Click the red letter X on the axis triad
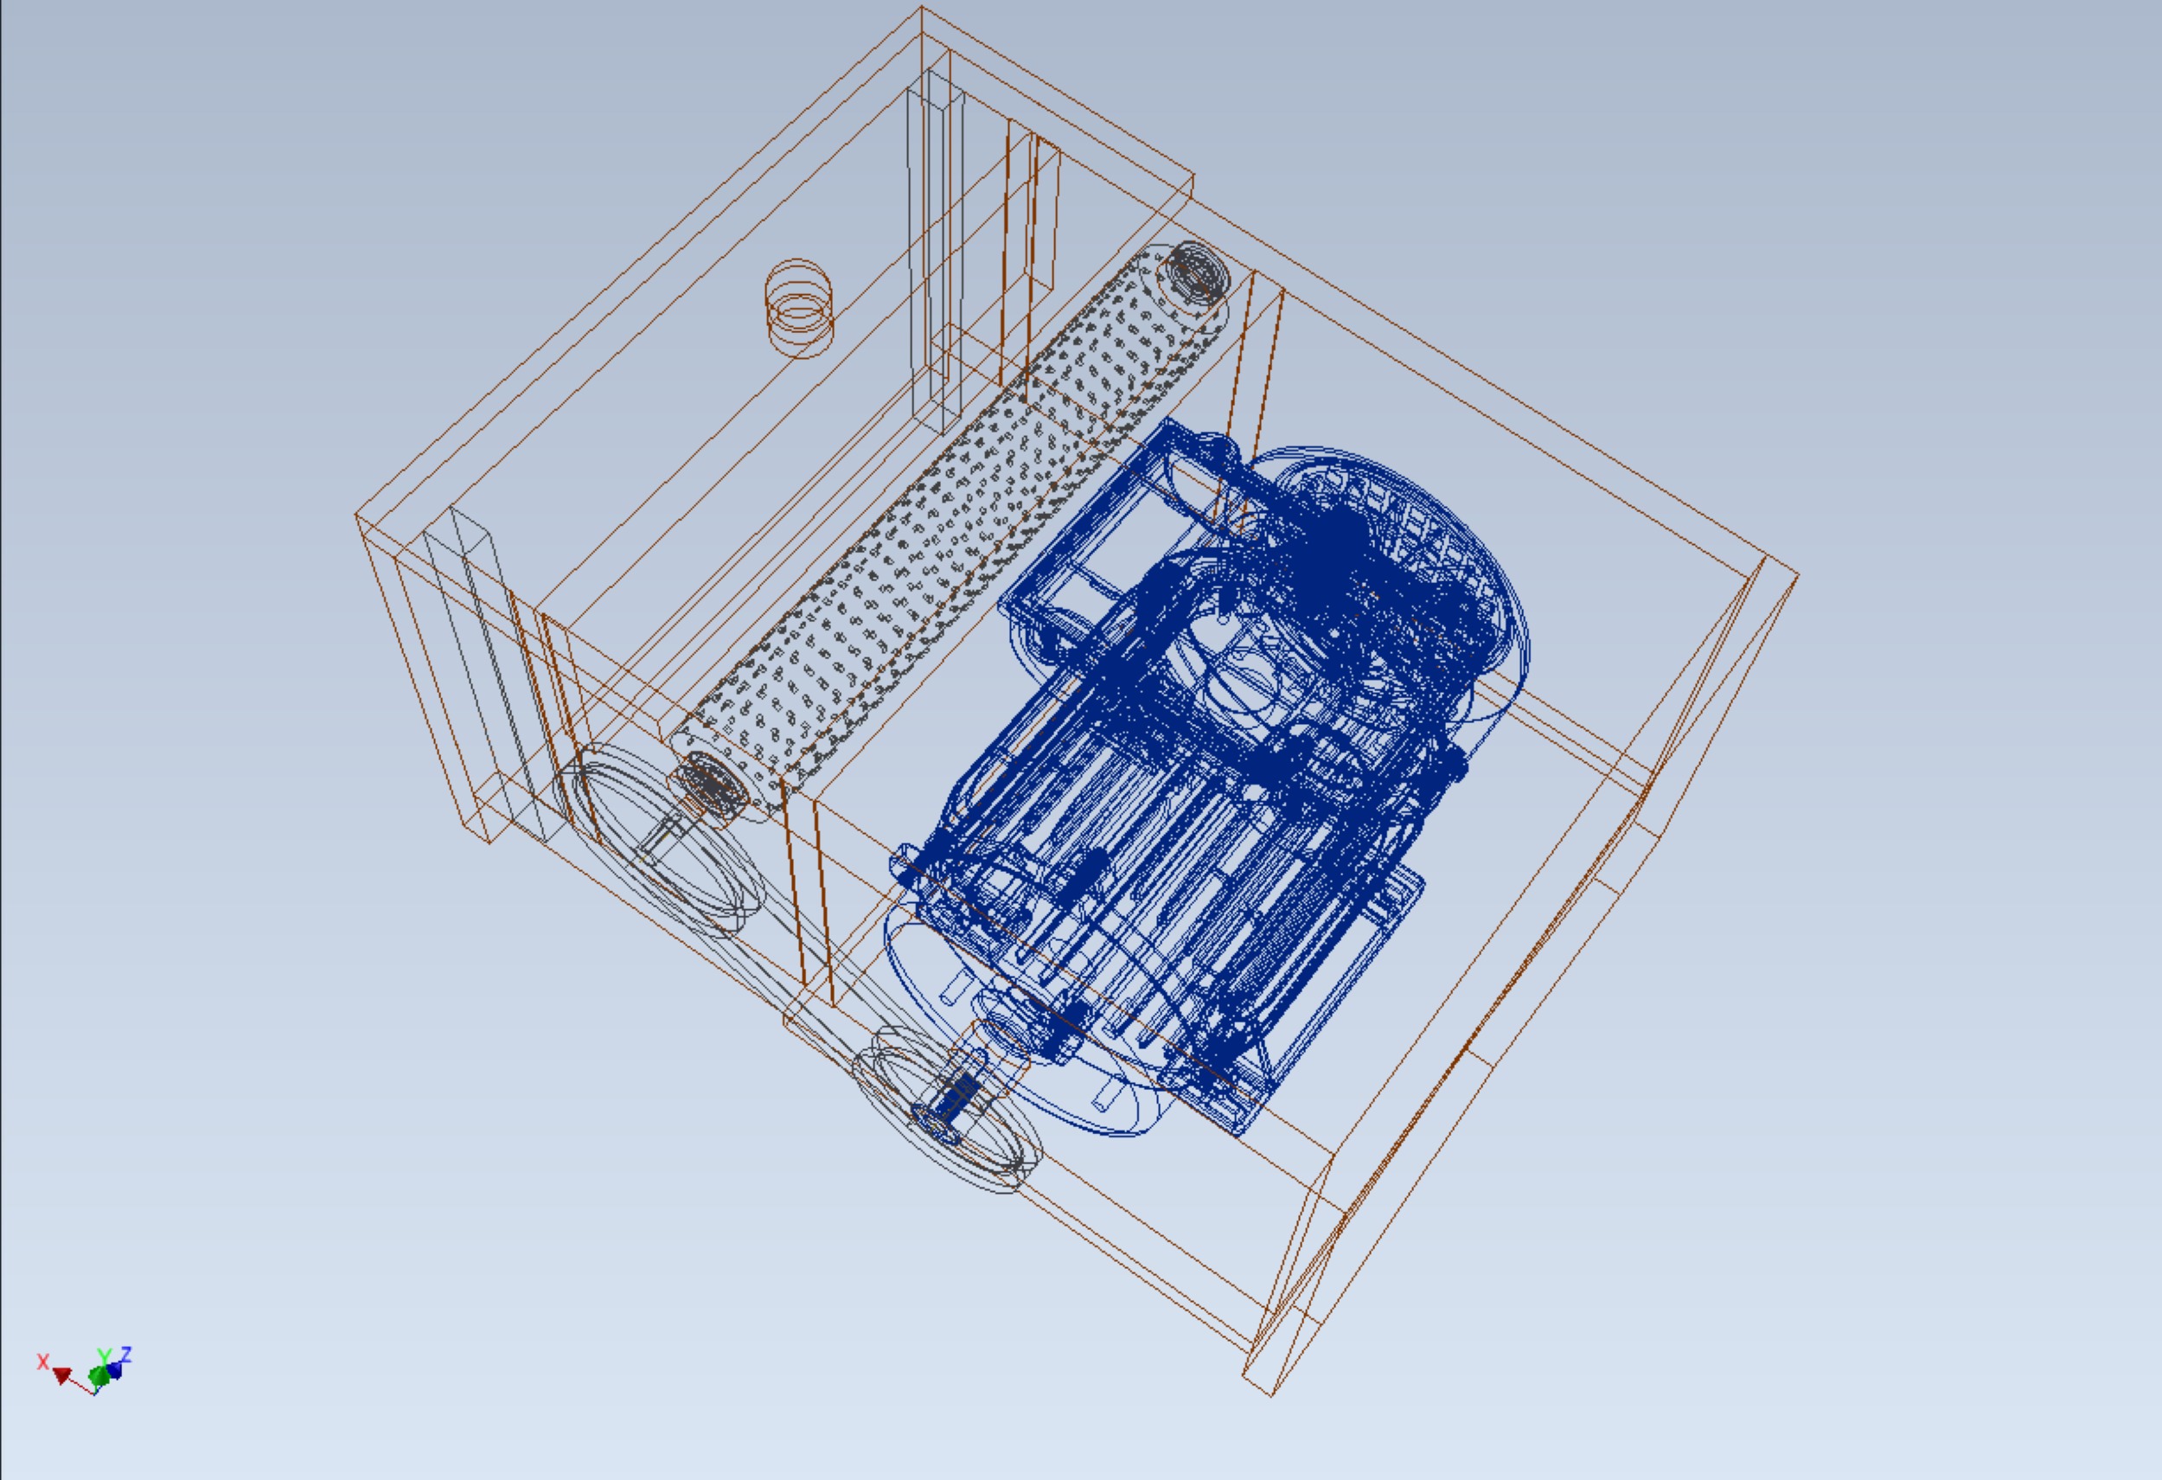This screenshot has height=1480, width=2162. tap(42, 1361)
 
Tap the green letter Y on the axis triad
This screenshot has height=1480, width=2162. tap(104, 1357)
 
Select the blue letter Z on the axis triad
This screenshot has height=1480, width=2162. tap(125, 1354)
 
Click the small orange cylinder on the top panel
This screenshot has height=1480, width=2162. tap(799, 308)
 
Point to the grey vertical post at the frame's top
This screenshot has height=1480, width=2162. tap(935, 251)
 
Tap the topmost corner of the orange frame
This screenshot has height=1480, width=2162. tap(921, 8)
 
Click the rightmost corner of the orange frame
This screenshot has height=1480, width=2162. tap(1797, 576)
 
